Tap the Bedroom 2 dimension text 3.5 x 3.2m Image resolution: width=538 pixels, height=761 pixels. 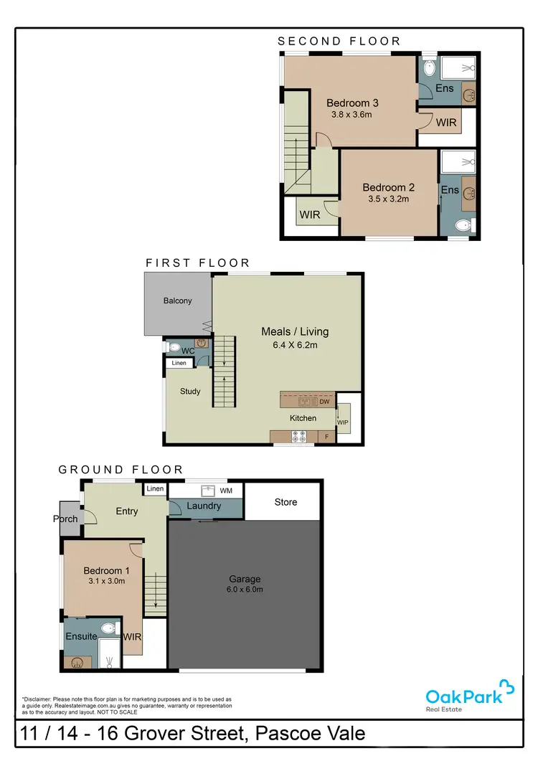(388, 199)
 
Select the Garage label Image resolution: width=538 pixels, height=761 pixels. (245, 579)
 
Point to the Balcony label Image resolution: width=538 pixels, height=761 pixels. (177, 301)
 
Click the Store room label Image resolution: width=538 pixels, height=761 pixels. (285, 502)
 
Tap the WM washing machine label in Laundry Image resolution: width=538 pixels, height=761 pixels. (225, 491)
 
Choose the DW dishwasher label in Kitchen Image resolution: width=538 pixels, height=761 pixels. (324, 402)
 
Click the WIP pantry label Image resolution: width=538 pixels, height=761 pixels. (343, 422)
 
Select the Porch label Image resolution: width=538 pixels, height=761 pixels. (65, 519)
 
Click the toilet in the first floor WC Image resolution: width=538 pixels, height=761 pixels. (174, 347)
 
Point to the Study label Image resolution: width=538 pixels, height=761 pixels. (190, 392)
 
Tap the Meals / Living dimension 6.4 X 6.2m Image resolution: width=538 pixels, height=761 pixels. (294, 344)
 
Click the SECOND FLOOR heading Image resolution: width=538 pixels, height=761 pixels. (339, 42)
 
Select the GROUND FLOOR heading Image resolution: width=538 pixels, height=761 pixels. (121, 470)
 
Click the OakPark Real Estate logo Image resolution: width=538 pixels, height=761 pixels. (469, 696)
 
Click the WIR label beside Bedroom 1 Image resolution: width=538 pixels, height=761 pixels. (132, 636)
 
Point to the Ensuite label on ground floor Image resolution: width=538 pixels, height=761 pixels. (81, 636)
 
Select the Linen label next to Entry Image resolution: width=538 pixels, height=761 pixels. (155, 489)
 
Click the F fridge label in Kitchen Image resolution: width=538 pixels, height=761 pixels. (327, 436)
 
